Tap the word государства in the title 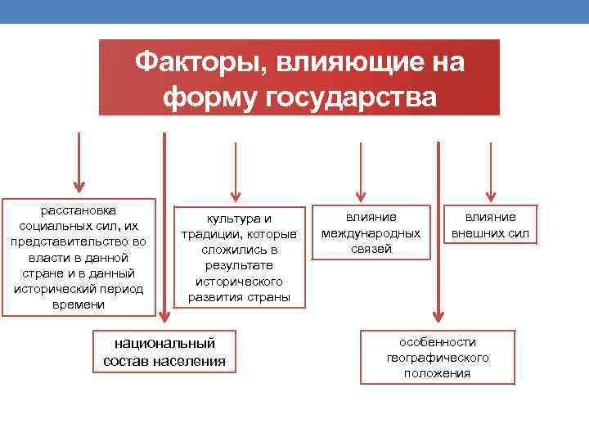350,97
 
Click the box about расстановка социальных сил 79,256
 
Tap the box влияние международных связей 371,232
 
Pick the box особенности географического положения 438,357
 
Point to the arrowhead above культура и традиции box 236,194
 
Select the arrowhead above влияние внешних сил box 490,194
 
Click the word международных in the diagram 371,233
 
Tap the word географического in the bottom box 438,358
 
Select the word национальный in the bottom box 164,342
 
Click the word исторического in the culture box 239,281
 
